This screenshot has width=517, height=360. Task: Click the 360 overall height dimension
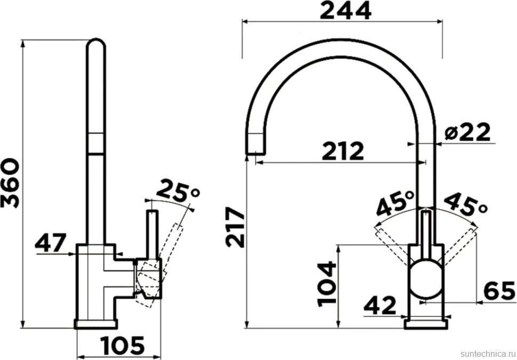10,183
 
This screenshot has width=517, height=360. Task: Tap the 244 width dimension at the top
345,11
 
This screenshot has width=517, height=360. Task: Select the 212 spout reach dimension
343,151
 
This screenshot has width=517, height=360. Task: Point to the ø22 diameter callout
467,132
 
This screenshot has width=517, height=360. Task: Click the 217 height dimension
236,227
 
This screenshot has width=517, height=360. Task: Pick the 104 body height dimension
327,284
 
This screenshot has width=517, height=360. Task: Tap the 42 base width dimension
379,305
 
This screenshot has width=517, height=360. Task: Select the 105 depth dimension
123,346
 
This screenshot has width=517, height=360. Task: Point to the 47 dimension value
51,243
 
